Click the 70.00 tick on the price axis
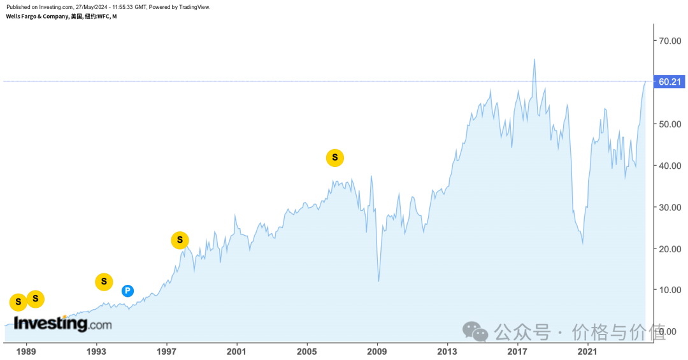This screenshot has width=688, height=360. click(x=670, y=41)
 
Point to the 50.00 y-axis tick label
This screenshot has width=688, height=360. click(x=670, y=124)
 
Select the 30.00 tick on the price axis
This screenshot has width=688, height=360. click(x=670, y=207)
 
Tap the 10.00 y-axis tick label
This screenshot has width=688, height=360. click(x=670, y=290)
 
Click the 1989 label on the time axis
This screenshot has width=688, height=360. click(x=26, y=351)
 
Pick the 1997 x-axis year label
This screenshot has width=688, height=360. click(x=166, y=351)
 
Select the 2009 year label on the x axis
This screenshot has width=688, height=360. click(x=377, y=351)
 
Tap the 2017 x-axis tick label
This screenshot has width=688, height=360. click(x=517, y=351)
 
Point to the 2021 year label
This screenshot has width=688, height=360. click(x=587, y=351)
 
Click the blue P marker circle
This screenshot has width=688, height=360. click(x=127, y=291)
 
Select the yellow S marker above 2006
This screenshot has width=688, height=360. click(x=335, y=157)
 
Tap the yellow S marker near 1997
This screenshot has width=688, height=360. click(x=180, y=240)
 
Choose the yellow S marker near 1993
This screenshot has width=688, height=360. click(x=104, y=282)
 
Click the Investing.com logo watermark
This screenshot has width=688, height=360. click(x=62, y=324)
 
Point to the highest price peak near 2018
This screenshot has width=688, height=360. click(x=534, y=59)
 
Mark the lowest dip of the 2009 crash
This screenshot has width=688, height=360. click(x=379, y=281)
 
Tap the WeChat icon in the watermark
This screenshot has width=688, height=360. click(x=475, y=331)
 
